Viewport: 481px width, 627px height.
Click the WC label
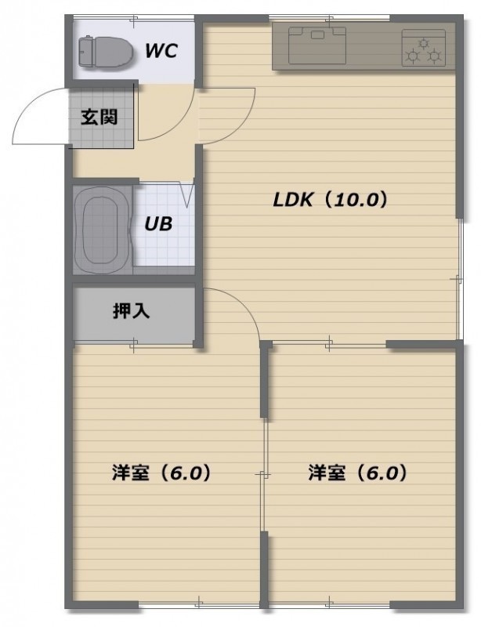(x=161, y=51)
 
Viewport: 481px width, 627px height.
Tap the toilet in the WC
(x=106, y=52)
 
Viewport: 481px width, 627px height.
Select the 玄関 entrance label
(x=99, y=117)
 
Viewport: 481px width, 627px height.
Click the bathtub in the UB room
(x=102, y=230)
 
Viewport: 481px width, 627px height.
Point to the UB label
(x=158, y=224)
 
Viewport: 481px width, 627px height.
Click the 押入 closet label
(x=131, y=310)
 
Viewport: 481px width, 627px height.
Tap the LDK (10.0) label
(x=331, y=200)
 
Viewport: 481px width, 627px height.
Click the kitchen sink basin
(x=317, y=45)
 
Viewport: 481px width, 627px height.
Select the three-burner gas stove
(x=424, y=47)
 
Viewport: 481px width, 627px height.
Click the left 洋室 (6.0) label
(x=161, y=473)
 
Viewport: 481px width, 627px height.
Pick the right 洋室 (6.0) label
(x=357, y=473)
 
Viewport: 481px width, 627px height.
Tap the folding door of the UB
(x=186, y=194)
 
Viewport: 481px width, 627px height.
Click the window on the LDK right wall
(x=460, y=279)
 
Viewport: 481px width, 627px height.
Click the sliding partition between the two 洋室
(x=263, y=475)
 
